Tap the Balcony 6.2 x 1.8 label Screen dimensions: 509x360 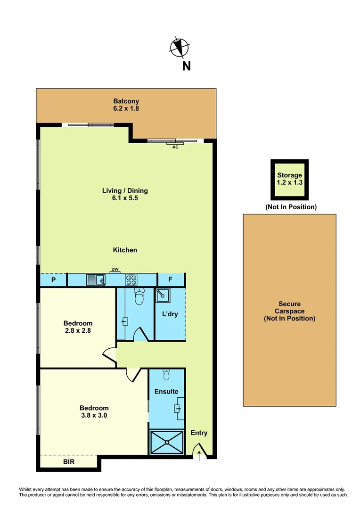(126, 105)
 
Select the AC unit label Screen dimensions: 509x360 (175, 147)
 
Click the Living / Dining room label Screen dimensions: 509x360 (125, 194)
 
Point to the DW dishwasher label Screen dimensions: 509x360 (115, 270)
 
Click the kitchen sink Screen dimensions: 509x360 (96, 280)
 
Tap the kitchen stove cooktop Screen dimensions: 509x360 (131, 280)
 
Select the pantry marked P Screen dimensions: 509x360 (53, 280)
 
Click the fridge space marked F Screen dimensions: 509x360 (171, 280)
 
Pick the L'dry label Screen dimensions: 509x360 (170, 314)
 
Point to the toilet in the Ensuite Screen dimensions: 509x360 (167, 375)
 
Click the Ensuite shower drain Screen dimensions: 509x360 (167, 442)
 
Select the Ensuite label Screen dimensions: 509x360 (166, 392)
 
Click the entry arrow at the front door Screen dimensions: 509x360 (199, 456)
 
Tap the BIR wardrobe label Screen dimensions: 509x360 (69, 462)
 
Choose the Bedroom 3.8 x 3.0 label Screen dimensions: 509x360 (94, 412)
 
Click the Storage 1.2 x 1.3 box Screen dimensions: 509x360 (289, 180)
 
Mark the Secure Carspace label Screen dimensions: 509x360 (289, 311)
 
